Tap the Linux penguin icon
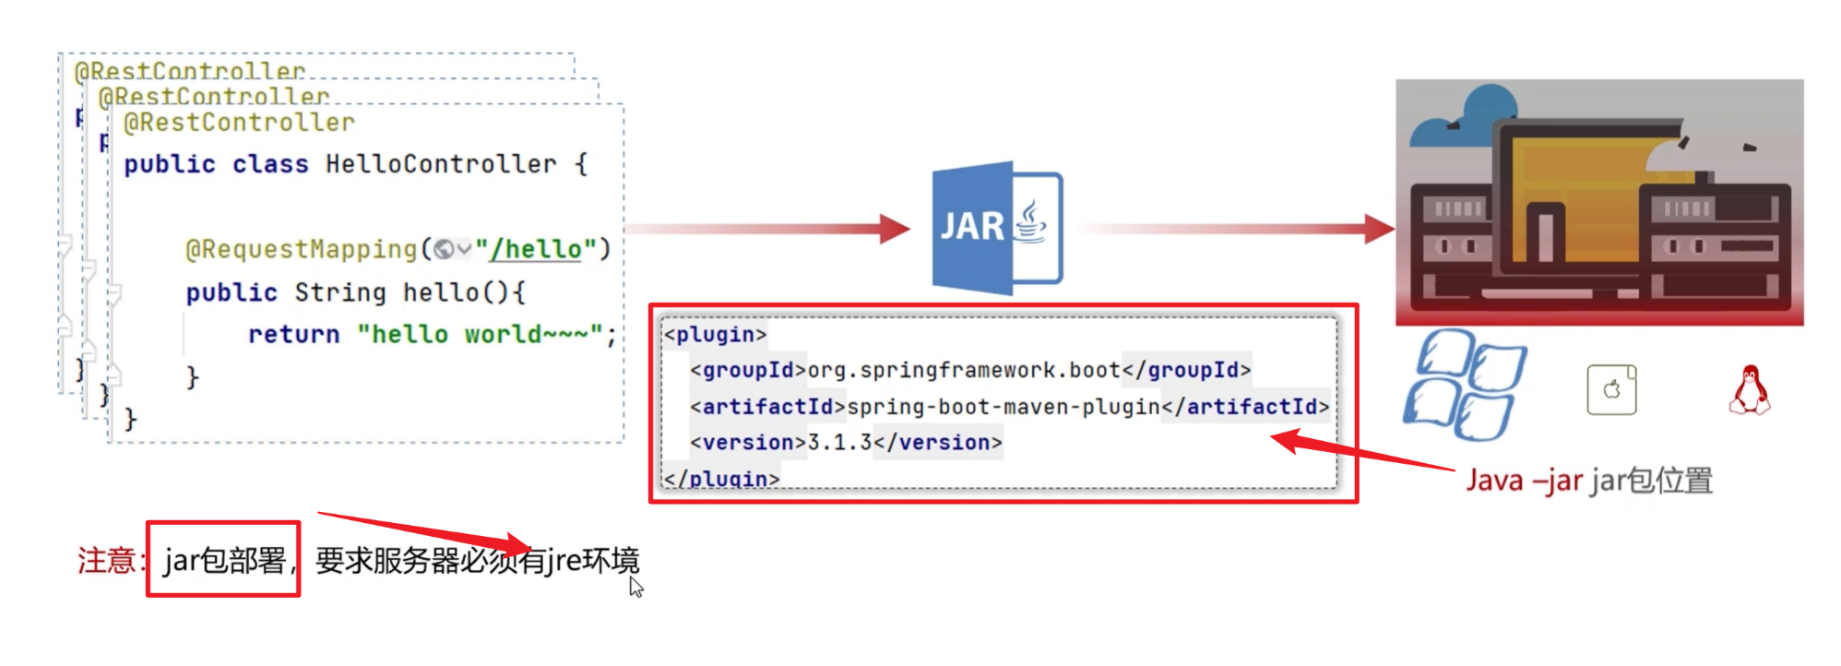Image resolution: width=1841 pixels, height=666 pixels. [1749, 390]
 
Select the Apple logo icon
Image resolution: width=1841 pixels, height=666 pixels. [1611, 390]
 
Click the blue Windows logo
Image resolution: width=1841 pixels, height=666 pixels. [1463, 385]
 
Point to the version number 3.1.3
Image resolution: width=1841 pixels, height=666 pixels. [839, 443]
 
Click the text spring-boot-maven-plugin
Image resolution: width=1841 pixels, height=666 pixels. [1004, 407]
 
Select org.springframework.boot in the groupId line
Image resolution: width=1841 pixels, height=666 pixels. [965, 371]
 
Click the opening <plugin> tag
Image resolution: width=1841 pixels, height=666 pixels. [716, 335]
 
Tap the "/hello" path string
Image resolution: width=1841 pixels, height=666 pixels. [537, 249]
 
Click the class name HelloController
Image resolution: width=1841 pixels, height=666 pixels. [441, 164]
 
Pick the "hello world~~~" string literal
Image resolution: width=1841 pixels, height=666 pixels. [480, 334]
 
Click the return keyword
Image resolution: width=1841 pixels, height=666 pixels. [293, 334]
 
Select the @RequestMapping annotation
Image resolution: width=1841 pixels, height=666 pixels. [302, 249]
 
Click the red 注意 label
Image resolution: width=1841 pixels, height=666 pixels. [107, 560]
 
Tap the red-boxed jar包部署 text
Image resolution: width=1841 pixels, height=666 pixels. [224, 560]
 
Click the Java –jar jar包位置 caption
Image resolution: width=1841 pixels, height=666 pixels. [1589, 481]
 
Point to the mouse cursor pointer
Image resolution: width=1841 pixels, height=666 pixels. [635, 587]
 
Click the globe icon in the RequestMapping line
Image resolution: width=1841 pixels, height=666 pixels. [444, 249]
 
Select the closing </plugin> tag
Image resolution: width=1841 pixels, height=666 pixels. [722, 479]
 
